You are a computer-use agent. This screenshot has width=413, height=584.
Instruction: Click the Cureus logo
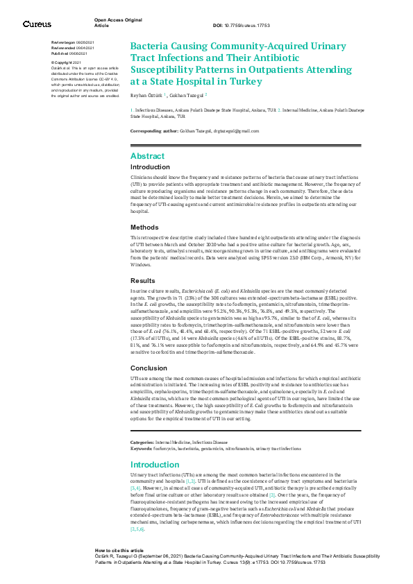(37, 24)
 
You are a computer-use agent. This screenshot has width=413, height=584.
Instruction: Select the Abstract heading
(148, 156)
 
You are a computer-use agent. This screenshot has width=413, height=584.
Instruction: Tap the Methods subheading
(144, 227)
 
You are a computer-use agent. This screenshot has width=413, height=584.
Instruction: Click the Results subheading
(143, 281)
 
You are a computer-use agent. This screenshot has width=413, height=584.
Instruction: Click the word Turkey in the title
(243, 81)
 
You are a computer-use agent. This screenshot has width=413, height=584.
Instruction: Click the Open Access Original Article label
(112, 23)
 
